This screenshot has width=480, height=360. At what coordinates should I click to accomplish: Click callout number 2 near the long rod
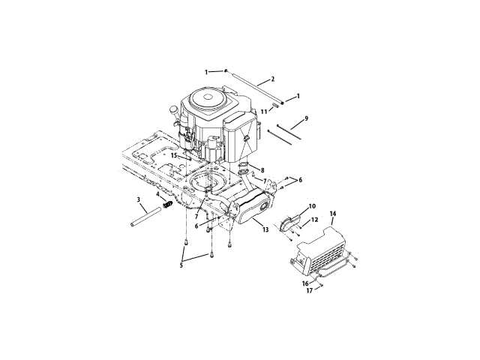(273, 79)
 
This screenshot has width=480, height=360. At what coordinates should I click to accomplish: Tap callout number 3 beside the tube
(138, 199)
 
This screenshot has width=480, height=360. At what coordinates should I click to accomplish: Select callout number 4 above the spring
(157, 194)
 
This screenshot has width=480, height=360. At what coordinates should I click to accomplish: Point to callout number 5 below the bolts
(181, 265)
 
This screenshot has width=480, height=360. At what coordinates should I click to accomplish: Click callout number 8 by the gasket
(262, 170)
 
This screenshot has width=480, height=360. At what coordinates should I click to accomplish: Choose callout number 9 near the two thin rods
(307, 118)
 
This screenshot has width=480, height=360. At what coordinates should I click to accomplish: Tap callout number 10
(312, 206)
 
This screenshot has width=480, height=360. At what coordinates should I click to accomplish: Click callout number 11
(264, 112)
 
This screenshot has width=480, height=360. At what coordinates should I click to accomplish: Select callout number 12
(314, 220)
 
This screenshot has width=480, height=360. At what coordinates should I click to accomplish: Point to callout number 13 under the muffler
(265, 229)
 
